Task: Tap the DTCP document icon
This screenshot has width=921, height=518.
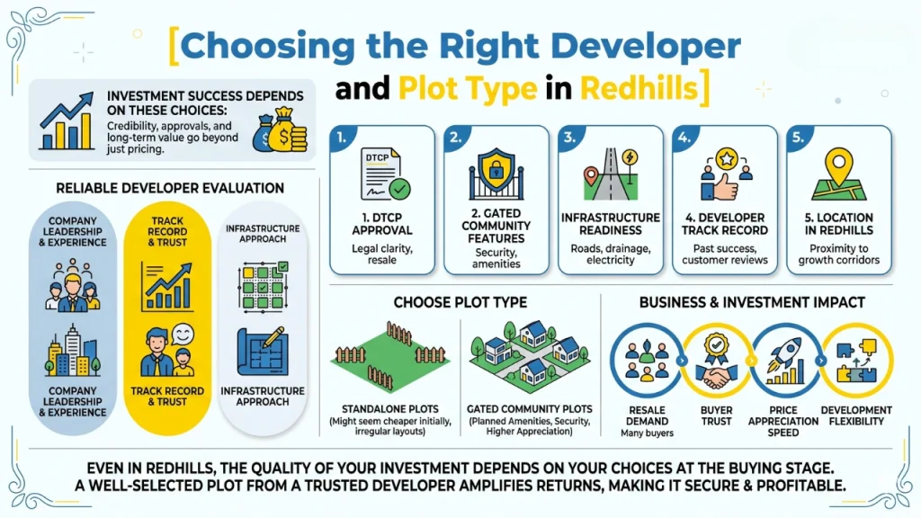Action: coord(383,173)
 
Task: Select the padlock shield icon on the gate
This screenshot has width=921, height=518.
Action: coord(496,171)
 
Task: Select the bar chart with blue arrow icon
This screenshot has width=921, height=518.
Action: coord(67,125)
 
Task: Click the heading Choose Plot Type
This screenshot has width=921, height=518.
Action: coord(461,303)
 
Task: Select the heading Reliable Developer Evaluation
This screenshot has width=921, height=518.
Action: coord(170,188)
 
